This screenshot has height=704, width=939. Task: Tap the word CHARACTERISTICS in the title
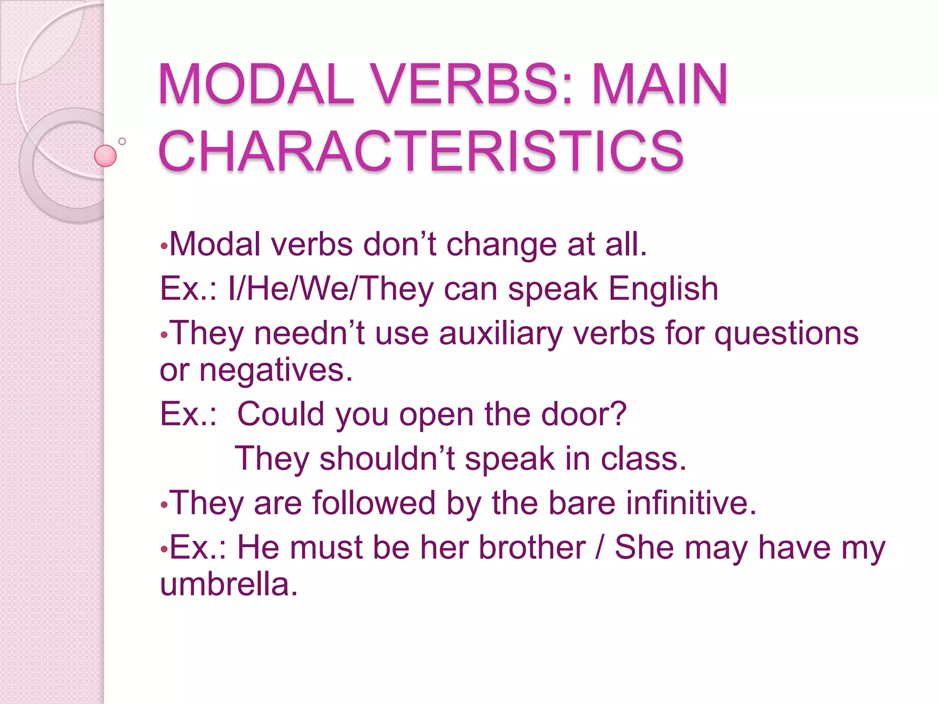click(x=421, y=151)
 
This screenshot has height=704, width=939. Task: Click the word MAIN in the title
click(x=659, y=85)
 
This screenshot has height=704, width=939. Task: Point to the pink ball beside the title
click(x=105, y=156)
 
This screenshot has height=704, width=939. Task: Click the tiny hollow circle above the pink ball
click(x=122, y=141)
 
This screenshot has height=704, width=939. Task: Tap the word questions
click(x=786, y=333)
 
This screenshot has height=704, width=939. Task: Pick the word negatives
click(x=276, y=370)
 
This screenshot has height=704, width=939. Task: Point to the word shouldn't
click(x=387, y=459)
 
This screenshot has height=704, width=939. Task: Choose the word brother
click(x=532, y=548)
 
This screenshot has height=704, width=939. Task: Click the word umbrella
click(x=228, y=585)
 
